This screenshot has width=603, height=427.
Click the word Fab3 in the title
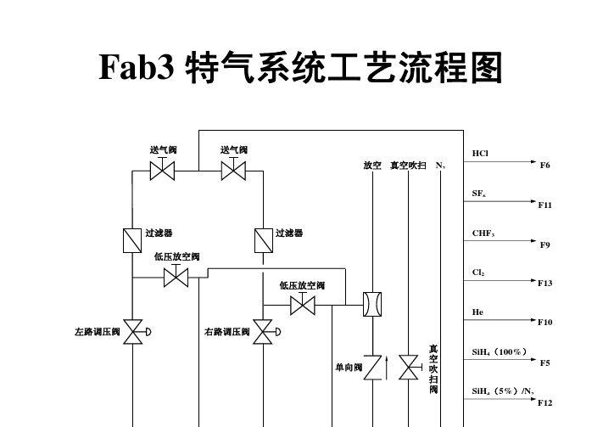[137, 66]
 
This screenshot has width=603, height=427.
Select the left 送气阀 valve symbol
[162, 170]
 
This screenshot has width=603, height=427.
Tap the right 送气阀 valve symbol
[233, 170]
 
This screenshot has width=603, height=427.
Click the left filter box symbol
[132, 240]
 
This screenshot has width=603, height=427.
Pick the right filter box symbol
[264, 240]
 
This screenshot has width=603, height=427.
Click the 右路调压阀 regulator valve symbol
[266, 332]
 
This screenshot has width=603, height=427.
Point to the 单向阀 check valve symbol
[372, 368]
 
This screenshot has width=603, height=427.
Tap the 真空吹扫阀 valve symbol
[410, 368]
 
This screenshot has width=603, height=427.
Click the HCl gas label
[480, 154]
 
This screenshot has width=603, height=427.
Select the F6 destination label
[545, 166]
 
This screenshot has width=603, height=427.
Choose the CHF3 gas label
[483, 233]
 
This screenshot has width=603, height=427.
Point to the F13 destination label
[545, 283]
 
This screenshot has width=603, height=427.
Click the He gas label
[477, 312]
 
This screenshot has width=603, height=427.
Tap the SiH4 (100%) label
[500, 352]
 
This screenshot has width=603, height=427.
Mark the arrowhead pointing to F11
[533, 201]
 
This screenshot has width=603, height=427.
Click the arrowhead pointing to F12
[533, 399]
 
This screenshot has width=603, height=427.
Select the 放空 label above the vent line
[372, 166]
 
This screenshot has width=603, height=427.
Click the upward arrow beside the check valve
[387, 368]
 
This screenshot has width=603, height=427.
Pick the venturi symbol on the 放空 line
[372, 304]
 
